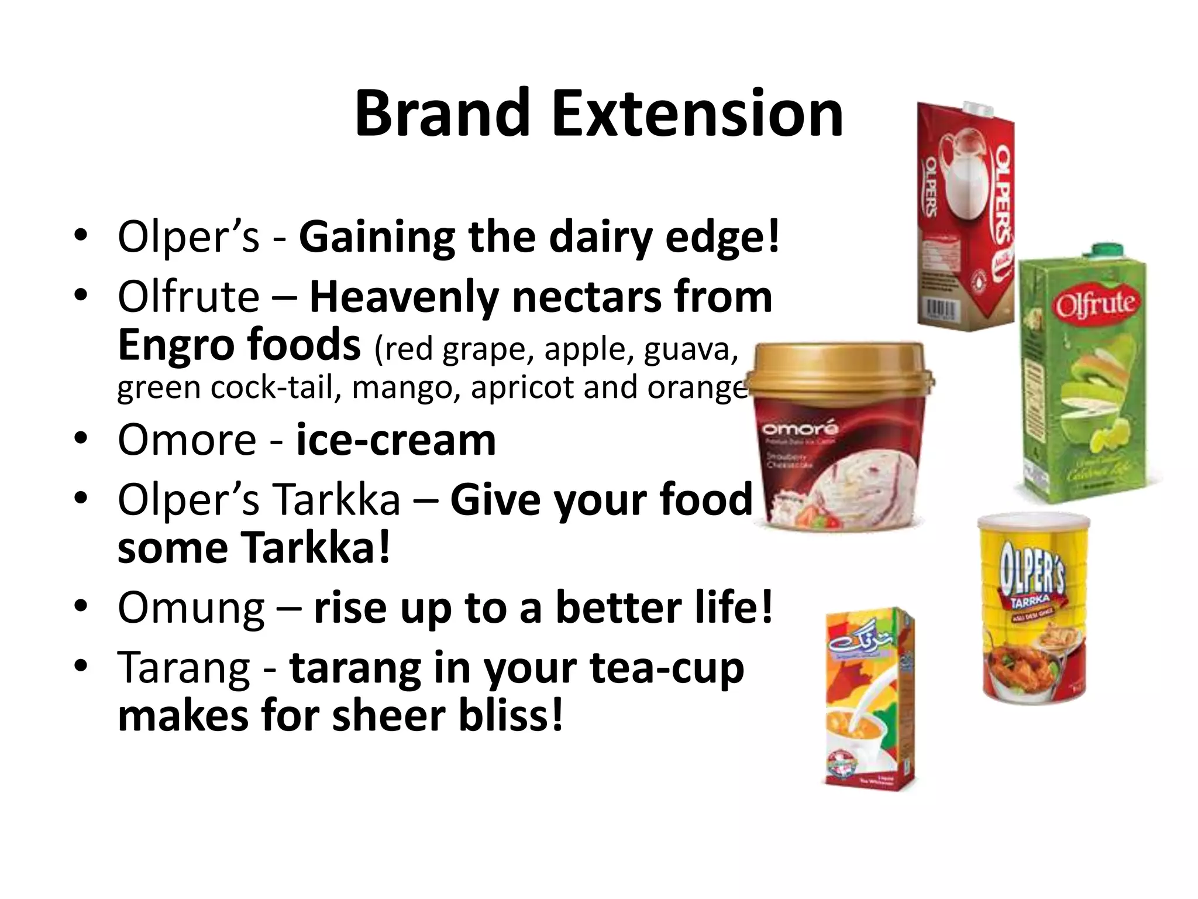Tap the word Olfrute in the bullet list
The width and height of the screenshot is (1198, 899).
pos(188,297)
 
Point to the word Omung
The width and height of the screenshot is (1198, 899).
pos(191,609)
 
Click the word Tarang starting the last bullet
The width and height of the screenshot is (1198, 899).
pos(184,668)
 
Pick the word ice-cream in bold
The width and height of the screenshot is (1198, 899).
pos(396,440)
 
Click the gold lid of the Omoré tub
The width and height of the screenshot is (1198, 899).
pos(840,369)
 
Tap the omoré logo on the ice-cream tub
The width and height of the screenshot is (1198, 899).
pos(800,429)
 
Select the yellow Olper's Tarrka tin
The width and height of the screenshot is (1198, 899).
pos(1034,609)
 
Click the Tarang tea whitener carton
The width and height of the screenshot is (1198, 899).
pos(869,699)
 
